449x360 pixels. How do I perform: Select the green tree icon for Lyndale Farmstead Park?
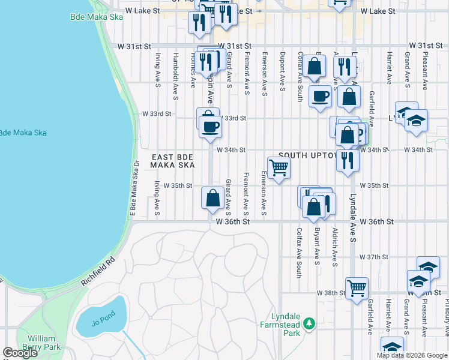tap(309, 324)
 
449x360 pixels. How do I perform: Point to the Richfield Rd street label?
tap(97, 272)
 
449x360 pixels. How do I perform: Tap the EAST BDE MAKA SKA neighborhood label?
tap(172, 160)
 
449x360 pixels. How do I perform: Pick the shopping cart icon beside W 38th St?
tap(357, 288)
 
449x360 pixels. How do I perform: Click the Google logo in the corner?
tap(20, 353)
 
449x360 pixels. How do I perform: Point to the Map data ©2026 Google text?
tap(412, 355)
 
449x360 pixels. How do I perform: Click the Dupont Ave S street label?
tap(282, 72)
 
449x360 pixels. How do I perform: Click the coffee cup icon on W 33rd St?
tap(210, 127)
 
